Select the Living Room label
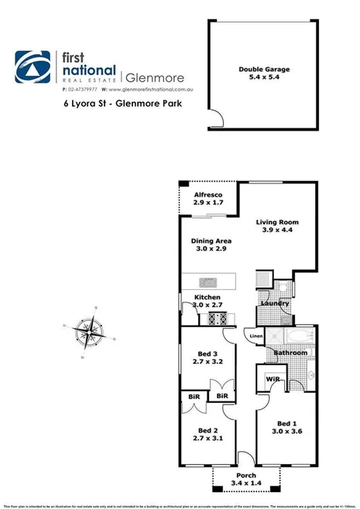click(x=277, y=223)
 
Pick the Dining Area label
click(x=211, y=241)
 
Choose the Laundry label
click(x=276, y=303)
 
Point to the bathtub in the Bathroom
click(x=297, y=336)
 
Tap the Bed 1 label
click(x=287, y=423)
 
